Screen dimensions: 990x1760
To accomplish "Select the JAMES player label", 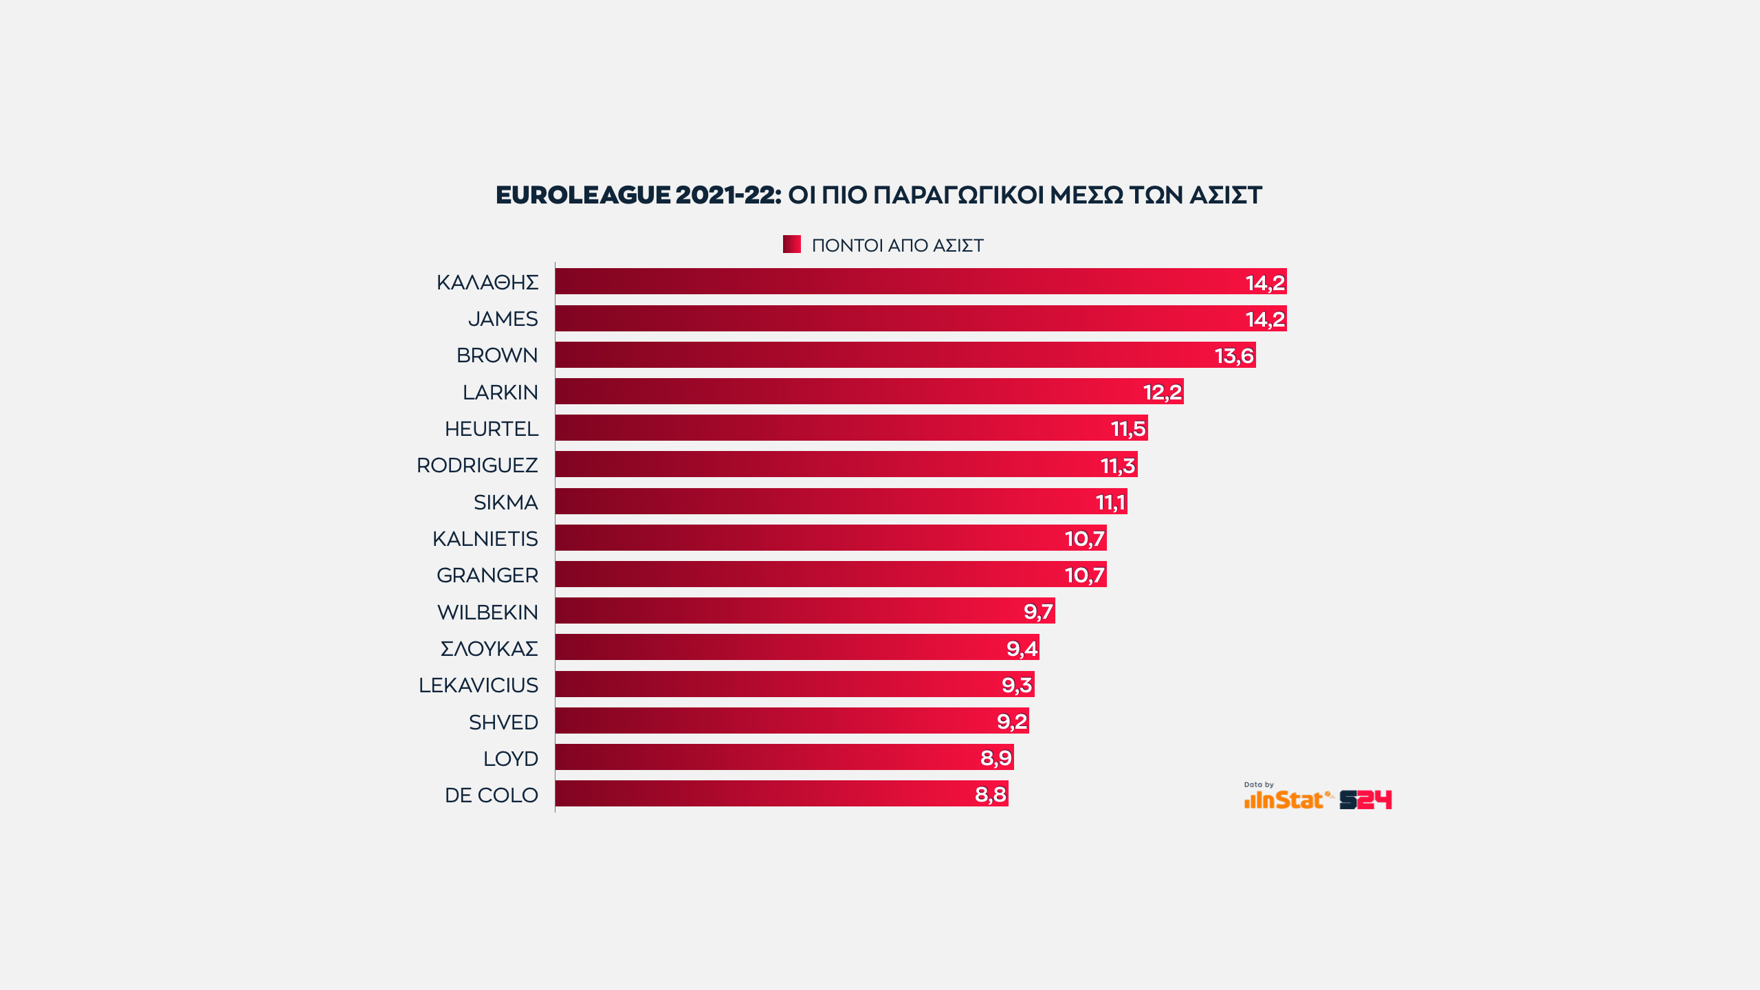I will tap(503, 319).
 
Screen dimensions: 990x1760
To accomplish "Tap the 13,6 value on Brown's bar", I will tap(1234, 355).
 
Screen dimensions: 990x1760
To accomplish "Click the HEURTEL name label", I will tap(491, 429).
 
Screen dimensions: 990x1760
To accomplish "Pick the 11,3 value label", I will tap(1118, 465).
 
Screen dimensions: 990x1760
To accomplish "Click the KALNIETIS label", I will tap(485, 539).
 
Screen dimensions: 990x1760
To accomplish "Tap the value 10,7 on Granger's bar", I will tap(1084, 575).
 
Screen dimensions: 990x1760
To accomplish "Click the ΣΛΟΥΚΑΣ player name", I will tap(489, 649).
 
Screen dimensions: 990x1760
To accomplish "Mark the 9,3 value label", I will tap(1017, 685).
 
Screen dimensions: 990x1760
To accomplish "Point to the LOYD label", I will tap(510, 759).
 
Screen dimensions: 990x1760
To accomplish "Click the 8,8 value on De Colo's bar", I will tap(991, 794).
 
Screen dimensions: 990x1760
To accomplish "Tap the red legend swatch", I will tap(791, 244).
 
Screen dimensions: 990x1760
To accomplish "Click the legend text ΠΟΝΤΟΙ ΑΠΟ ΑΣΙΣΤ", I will tap(897, 245).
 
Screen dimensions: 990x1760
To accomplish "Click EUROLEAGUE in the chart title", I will tap(582, 195).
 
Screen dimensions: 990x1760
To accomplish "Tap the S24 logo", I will tap(1365, 800).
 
